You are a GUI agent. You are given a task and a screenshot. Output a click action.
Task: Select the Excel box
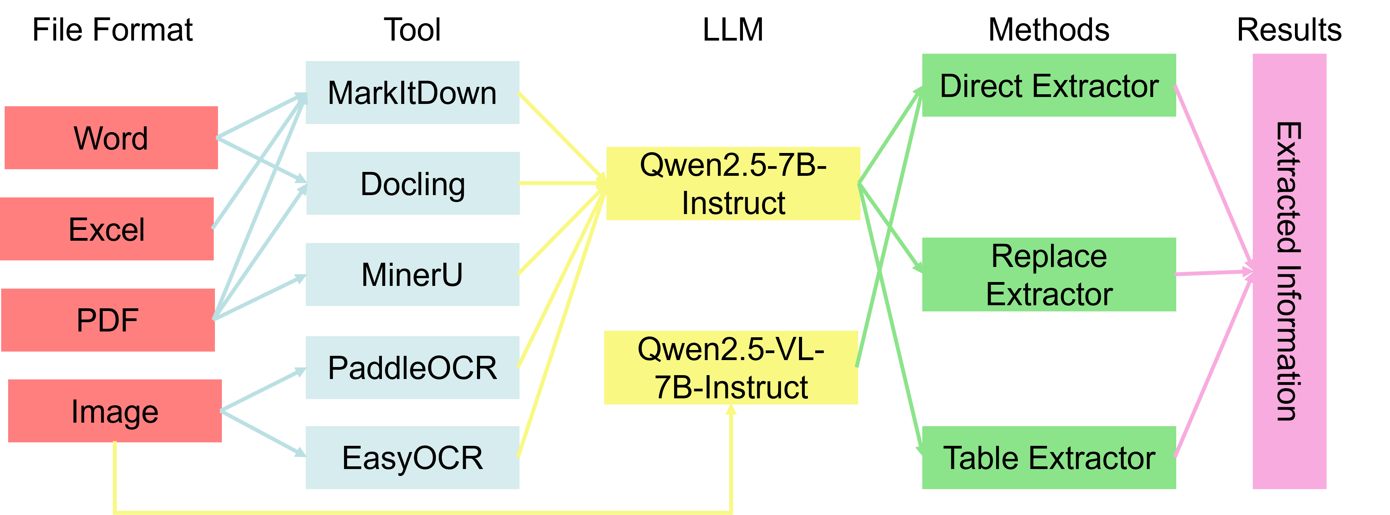[x=106, y=229]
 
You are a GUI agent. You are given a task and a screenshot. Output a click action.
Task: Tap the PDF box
[x=107, y=320]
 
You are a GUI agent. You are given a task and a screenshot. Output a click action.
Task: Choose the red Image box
[x=114, y=411]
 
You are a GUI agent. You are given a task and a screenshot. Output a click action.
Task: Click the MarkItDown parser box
[x=412, y=93]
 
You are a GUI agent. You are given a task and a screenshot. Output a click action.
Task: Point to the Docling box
[x=412, y=184]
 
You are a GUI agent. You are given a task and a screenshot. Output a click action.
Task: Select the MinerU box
[x=412, y=274]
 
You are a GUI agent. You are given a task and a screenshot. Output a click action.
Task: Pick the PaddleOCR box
[x=412, y=368]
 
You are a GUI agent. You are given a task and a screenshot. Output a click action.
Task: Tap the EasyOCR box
[x=412, y=458]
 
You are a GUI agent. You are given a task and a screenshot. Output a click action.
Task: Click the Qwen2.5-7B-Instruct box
[x=733, y=184]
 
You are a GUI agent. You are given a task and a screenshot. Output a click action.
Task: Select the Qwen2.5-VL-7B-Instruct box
[x=731, y=368]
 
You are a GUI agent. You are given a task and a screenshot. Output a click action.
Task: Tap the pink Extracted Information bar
[x=1289, y=271]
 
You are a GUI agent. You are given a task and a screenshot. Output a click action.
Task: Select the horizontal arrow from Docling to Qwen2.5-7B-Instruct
[x=561, y=184]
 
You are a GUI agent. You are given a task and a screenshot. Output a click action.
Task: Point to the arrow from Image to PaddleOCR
[x=263, y=390]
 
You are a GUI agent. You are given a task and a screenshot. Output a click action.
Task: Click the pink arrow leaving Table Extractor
[x=1213, y=367]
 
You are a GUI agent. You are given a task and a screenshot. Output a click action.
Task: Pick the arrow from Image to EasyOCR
[x=263, y=434]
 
